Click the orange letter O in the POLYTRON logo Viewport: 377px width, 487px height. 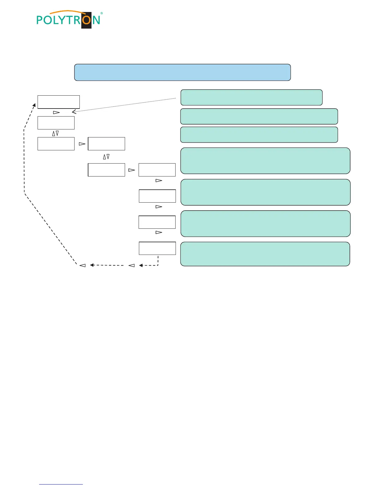[87, 20]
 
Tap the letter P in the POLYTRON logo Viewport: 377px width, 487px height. [40, 20]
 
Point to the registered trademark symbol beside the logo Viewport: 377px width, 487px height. [102, 13]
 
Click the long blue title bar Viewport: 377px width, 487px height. [182, 73]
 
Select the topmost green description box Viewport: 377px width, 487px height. [251, 97]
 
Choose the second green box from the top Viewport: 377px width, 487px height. [259, 116]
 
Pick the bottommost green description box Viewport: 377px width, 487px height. [265, 254]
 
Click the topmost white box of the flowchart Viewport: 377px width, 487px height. [59, 102]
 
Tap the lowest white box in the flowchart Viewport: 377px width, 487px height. [157, 248]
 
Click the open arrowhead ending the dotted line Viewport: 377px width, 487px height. [74, 112]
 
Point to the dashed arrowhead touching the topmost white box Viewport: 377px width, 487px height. [34, 106]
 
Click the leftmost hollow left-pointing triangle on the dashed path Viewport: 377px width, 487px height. [82, 265]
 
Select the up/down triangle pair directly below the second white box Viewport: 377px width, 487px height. [55, 133]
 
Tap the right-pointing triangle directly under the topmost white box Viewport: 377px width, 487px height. [56, 113]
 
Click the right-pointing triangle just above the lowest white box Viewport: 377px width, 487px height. [159, 232]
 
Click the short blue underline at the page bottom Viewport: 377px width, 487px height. [61, 484]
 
